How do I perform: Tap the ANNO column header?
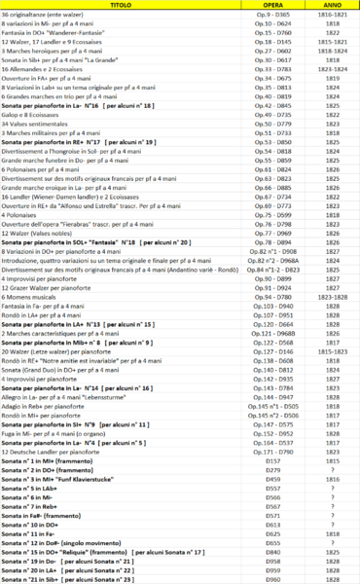pos(331,5)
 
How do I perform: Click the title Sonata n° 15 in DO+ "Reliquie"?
pos(78,552)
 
